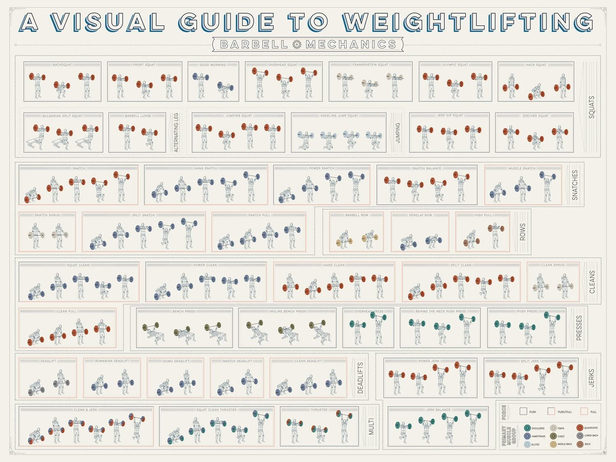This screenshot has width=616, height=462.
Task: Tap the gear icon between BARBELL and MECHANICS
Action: coord(297,44)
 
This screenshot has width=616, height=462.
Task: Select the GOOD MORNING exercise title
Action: coord(212,65)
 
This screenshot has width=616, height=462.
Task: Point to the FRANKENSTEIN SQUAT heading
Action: coord(370,65)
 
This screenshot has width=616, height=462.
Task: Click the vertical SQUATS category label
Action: coord(591,107)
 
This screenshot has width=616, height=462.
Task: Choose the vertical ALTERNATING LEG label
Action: coord(177,133)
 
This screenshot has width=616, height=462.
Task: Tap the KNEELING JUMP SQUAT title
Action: coord(339,116)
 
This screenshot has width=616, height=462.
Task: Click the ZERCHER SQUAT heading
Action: coord(535,116)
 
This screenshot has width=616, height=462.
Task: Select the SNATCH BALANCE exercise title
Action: coord(426,168)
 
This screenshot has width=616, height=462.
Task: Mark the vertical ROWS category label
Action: coord(522,232)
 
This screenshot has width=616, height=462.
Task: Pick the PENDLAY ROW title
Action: coord(420,215)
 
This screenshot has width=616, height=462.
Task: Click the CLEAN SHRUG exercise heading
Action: coord(553,265)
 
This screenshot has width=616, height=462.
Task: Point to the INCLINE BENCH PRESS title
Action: coord(287,311)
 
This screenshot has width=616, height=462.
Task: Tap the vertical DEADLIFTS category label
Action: coord(361,378)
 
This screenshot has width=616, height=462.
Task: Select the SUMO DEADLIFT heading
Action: coord(176,361)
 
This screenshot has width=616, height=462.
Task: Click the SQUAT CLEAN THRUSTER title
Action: coord(216,410)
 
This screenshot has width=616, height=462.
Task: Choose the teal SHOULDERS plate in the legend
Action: coord(527,428)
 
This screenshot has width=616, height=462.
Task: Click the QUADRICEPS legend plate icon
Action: coord(580,428)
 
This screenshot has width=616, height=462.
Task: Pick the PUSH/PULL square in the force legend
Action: coord(551,411)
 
